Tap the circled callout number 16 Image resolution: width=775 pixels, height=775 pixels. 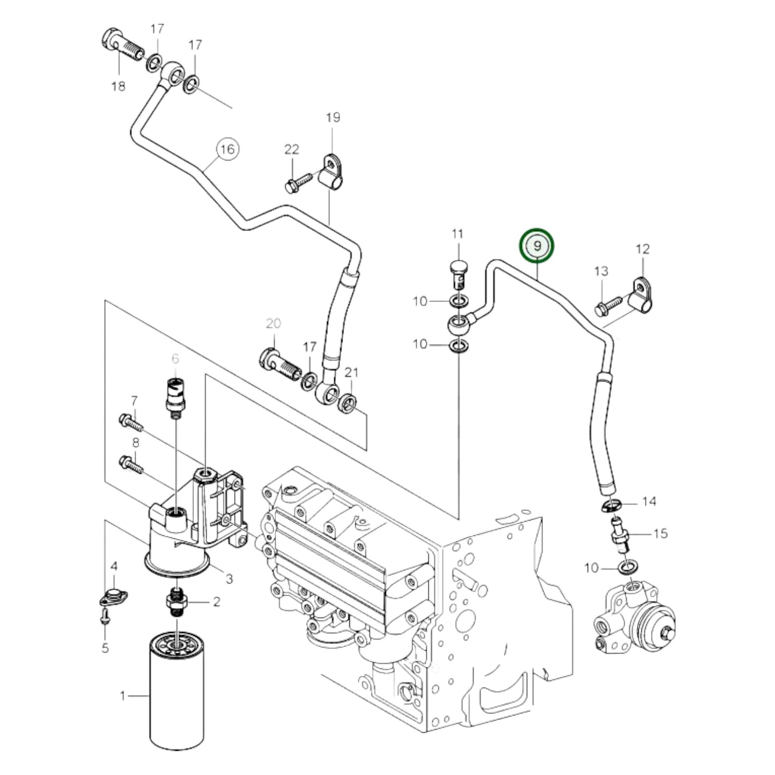pos(227,149)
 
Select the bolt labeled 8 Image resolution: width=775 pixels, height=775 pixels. pos(131,464)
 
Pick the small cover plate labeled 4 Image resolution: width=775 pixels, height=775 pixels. pos(113,596)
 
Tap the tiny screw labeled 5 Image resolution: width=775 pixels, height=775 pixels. pos(105,619)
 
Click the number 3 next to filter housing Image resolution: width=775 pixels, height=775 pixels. pos(229,579)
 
